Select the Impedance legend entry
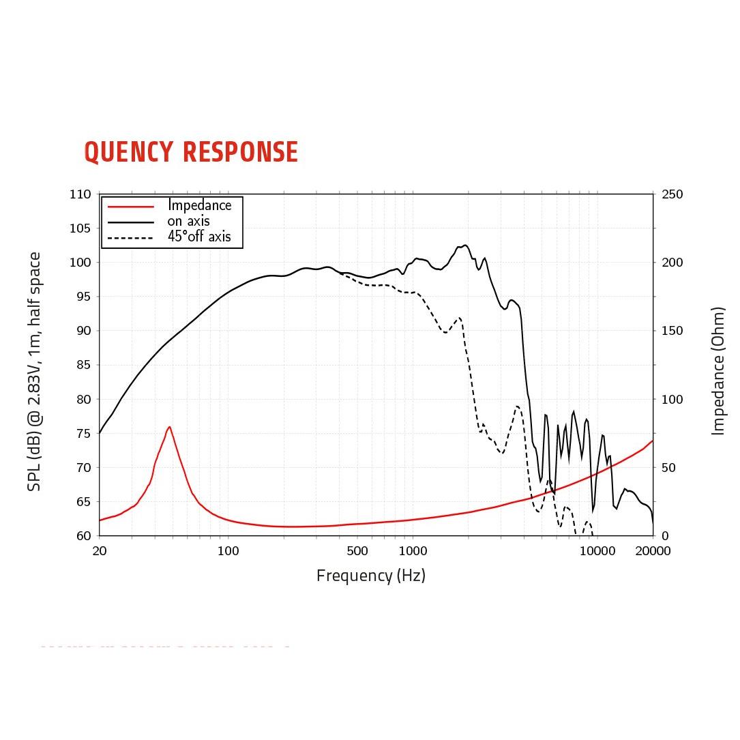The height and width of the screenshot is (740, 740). [x=199, y=205]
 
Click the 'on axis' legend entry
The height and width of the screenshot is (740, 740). [x=188, y=221]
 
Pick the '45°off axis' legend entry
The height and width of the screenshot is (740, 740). [x=199, y=237]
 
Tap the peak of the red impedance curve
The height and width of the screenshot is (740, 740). [x=168, y=427]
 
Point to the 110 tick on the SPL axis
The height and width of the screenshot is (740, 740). [x=80, y=194]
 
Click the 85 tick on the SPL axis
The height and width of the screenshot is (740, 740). [x=82, y=365]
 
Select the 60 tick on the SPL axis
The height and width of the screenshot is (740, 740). [x=82, y=535]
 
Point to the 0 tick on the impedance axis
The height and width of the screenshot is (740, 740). [x=665, y=535]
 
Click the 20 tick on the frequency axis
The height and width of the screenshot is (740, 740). [x=100, y=551]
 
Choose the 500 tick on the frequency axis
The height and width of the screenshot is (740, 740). [x=357, y=551]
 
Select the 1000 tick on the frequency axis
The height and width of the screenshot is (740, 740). [x=412, y=551]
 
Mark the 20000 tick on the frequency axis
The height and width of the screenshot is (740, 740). [x=653, y=551]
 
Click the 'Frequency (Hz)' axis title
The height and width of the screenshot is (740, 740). [x=370, y=576]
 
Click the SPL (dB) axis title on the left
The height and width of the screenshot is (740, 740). [x=35, y=372]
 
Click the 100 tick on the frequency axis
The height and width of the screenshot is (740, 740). [x=228, y=551]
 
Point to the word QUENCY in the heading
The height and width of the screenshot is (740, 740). [x=128, y=152]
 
